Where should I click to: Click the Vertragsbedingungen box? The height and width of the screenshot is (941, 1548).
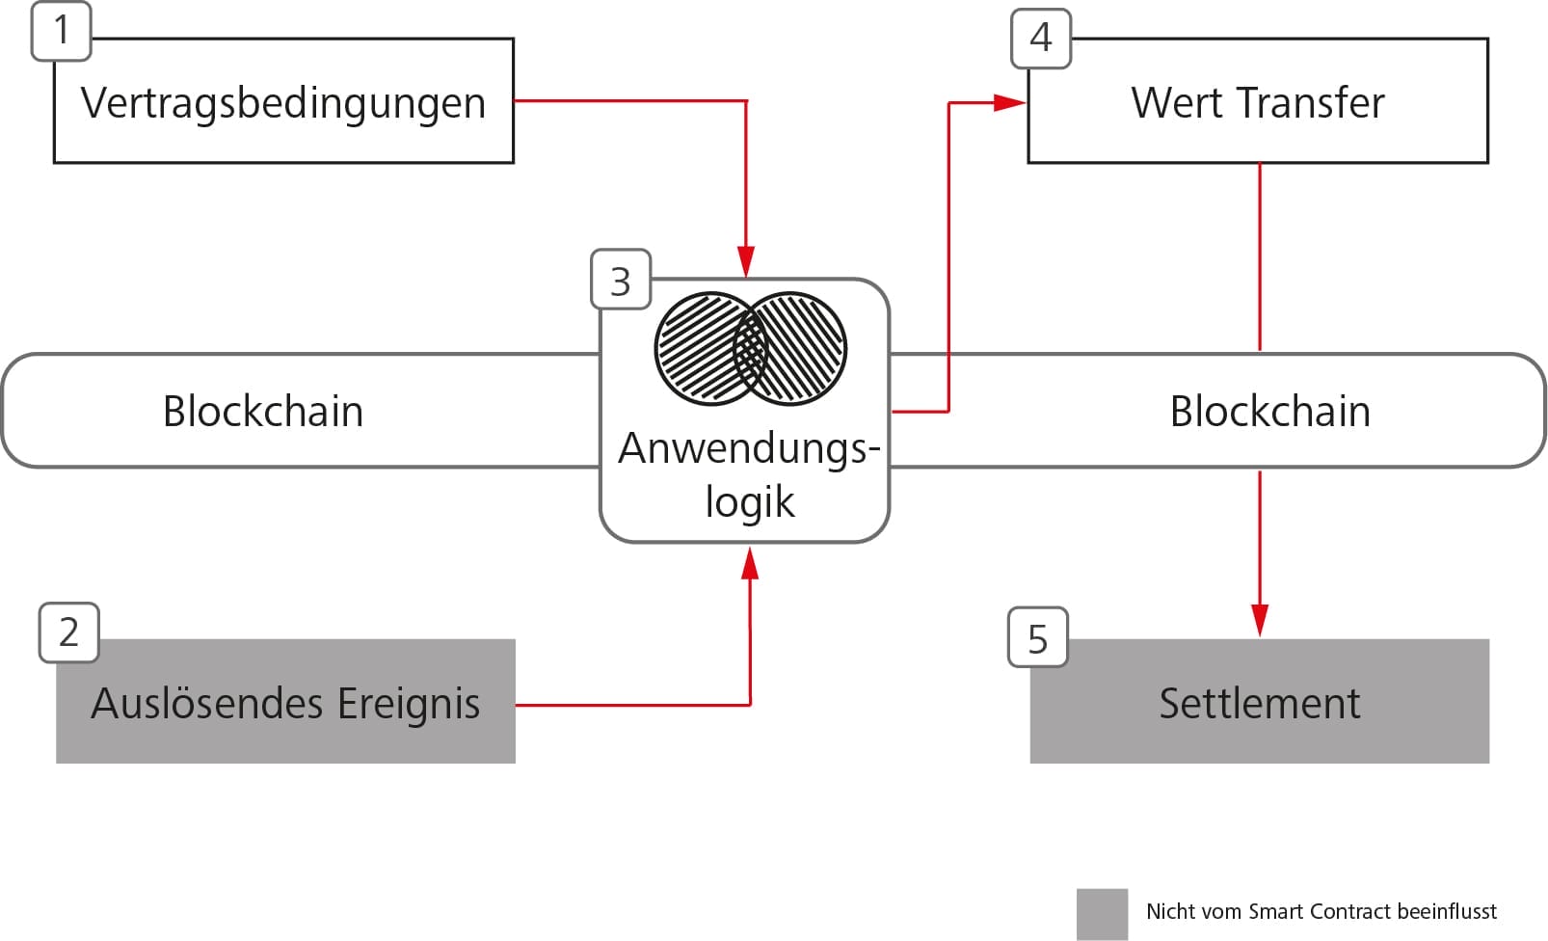283,102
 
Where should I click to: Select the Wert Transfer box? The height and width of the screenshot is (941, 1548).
1258,102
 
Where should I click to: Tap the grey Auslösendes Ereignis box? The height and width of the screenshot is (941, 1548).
285,702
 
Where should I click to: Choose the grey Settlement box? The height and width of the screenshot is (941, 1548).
1259,702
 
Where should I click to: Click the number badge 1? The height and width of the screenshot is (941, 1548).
62,31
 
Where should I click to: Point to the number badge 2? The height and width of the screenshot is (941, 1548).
68,632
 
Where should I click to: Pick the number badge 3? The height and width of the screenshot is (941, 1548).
621,281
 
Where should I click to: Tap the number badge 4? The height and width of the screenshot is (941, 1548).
1041,39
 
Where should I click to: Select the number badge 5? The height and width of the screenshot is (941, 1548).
1037,637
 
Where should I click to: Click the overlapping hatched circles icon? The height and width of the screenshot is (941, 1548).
750,348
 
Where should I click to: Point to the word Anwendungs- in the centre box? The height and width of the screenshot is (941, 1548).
749,449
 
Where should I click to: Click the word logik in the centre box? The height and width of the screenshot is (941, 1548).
749,502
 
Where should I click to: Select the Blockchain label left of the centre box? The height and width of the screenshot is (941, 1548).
263,412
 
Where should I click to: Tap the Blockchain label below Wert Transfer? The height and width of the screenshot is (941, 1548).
1269,412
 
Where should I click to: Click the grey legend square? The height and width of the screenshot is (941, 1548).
1102,913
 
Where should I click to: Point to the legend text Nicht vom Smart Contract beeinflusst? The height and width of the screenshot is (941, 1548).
1321,912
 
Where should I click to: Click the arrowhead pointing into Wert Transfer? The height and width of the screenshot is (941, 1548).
1010,102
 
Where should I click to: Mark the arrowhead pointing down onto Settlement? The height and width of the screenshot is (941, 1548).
1260,620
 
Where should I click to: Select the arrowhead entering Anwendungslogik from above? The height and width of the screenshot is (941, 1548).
745,261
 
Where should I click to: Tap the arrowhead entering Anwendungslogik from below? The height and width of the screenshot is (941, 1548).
750,562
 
